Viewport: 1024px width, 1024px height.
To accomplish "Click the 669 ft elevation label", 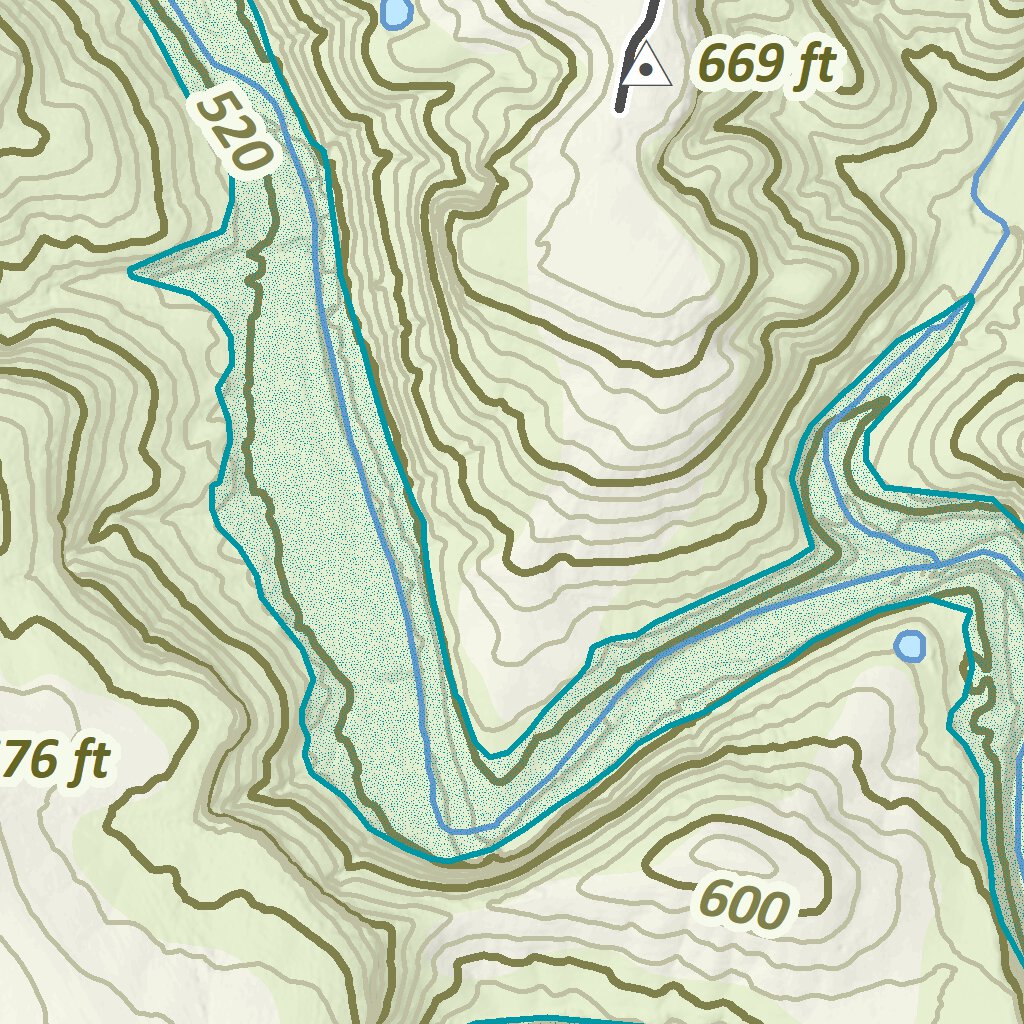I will pos(765,66).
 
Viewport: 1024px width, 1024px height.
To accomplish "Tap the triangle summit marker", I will pos(647,68).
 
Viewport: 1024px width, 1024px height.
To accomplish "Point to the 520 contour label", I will pos(234,130).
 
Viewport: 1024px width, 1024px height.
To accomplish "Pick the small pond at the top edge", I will pos(397,12).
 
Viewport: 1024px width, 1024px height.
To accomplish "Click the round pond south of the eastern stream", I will pos(910,646).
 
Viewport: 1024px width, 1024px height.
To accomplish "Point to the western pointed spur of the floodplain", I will pos(136,270).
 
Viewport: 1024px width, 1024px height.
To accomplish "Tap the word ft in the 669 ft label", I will pos(813,66).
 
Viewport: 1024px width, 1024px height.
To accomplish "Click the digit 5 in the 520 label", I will pos(212,105).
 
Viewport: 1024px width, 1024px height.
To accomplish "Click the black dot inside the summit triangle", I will pos(647,70).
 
